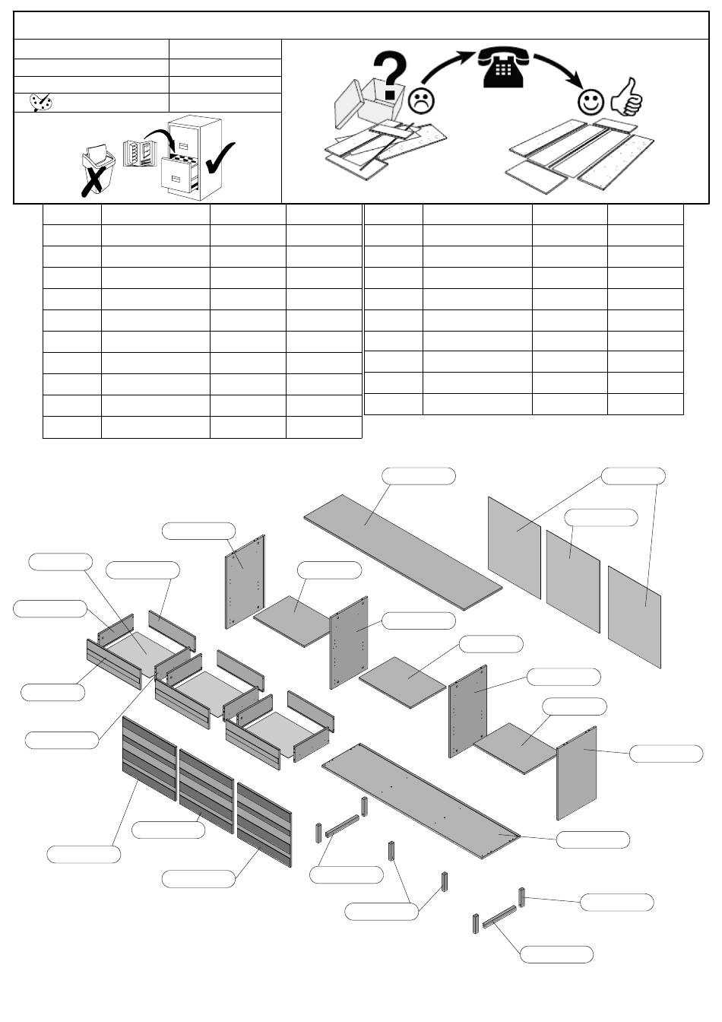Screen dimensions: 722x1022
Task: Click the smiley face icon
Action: [590, 101]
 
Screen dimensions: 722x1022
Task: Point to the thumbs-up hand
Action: [627, 97]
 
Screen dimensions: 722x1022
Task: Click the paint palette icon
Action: [40, 103]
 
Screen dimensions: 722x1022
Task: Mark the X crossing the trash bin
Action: [93, 180]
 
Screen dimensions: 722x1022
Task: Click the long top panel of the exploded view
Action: [403, 551]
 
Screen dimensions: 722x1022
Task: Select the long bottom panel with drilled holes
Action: [422, 800]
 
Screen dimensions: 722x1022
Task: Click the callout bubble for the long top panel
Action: [419, 476]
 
